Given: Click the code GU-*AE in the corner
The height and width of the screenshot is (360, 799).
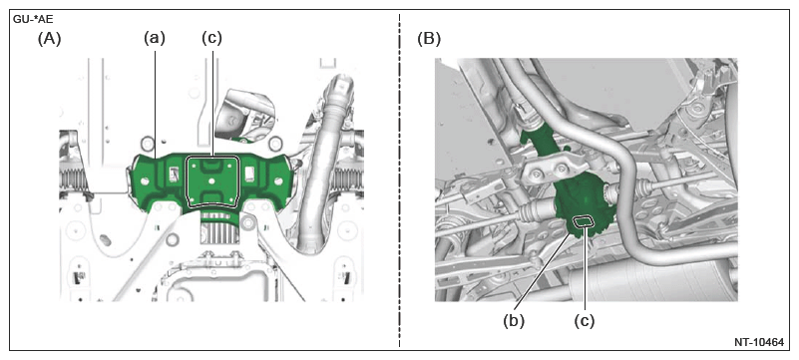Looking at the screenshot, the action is [x=32, y=20].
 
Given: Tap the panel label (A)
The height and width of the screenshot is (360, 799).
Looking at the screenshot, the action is [x=50, y=39].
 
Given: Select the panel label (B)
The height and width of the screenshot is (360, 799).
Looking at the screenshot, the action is [x=429, y=39].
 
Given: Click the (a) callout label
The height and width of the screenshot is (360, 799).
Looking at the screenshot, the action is [x=154, y=39].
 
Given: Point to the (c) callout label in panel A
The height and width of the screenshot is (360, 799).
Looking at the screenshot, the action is [x=212, y=39].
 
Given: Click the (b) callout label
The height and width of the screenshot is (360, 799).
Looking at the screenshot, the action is [x=514, y=321].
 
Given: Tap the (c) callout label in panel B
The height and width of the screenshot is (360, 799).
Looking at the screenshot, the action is [x=585, y=321].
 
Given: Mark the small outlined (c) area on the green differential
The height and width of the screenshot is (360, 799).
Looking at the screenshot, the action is [x=585, y=221].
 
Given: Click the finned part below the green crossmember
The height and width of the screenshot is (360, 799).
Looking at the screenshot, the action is [x=219, y=230].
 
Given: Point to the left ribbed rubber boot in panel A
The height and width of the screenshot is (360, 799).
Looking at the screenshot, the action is [x=74, y=180].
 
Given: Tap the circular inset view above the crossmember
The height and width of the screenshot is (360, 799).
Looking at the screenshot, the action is [x=244, y=115].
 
